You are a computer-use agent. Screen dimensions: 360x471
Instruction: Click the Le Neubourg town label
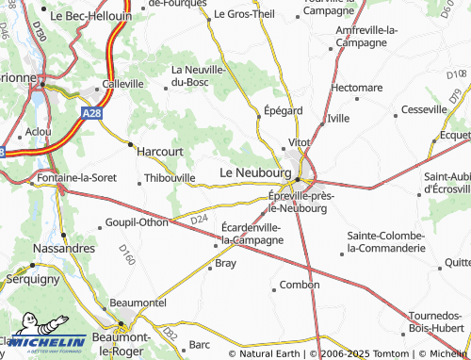[x=255, y=173]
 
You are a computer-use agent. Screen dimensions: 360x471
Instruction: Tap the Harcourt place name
[x=160, y=150]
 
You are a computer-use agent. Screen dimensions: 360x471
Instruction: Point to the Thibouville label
[x=170, y=176]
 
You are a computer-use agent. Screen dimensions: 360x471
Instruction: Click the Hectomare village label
[x=357, y=88]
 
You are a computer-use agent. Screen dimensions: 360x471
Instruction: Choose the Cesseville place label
[x=424, y=109]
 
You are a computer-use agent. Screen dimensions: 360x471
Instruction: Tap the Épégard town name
[x=283, y=110]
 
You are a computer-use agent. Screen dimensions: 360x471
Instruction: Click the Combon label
[x=300, y=285]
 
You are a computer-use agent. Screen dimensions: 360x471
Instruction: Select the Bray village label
[x=226, y=264]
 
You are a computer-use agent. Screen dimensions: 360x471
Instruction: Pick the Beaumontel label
[x=138, y=303]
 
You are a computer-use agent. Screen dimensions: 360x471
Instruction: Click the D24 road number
[x=198, y=220]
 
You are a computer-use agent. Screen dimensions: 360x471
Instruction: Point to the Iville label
[x=337, y=119]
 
